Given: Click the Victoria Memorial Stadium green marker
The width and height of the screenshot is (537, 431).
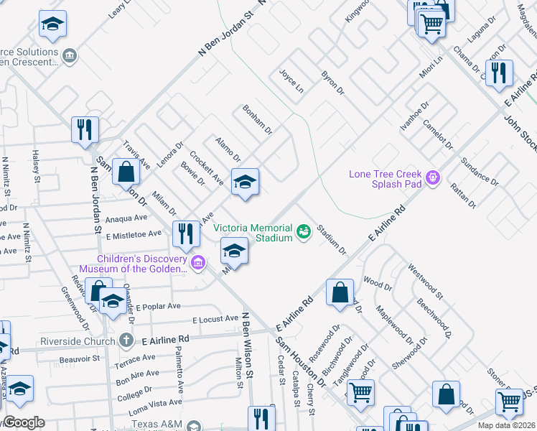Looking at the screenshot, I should coord(304,231).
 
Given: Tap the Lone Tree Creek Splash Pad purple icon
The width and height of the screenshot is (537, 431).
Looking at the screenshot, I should coord(432,177).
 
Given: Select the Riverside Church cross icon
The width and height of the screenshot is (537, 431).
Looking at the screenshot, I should coord(126,339).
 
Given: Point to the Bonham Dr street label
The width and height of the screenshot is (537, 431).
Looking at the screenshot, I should coord(257,119).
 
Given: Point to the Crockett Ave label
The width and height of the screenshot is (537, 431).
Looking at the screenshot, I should coord(207,167).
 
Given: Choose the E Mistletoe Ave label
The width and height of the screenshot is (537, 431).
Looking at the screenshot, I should coord(134,234).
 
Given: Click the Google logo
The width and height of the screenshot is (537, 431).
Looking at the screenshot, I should coord(24,422).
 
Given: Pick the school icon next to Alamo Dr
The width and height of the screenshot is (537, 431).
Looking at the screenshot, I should coord(244,181).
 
